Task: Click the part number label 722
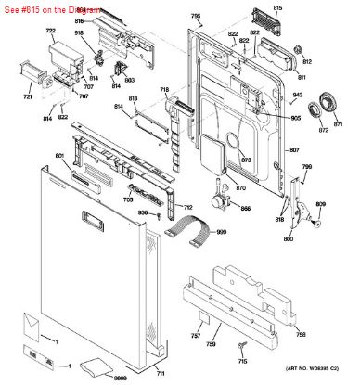[25, 32]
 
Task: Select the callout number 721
[28, 97]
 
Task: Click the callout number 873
[246, 160]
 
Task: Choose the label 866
[246, 207]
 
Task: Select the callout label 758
[302, 333]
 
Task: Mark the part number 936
[143, 213]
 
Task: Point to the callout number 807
[294, 150]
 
